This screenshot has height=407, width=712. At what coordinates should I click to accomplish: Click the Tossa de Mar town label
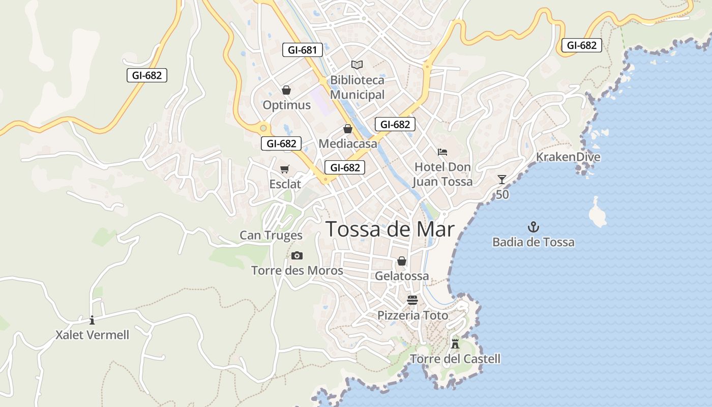pos(390,229)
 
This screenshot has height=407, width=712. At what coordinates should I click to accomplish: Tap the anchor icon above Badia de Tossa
pos(533,227)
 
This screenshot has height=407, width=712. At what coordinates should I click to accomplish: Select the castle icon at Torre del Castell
pos(455,343)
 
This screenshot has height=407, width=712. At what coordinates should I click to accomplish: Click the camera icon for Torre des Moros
pos(297,255)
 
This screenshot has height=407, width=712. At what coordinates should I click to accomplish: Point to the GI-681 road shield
pos(302,50)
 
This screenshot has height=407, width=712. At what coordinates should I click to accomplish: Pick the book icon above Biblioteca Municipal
pos(357,65)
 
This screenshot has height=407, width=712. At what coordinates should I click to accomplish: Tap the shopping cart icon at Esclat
pos(285,169)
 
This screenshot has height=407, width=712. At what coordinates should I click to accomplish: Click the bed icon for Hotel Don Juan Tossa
pos(442,152)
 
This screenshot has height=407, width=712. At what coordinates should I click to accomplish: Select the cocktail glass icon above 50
pos(502,179)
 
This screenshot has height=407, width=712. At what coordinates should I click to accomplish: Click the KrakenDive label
pos(568,157)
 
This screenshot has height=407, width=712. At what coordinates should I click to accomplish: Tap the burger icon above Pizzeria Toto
pos(412,300)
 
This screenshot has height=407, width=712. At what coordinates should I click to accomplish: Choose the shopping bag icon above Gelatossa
pos(402,261)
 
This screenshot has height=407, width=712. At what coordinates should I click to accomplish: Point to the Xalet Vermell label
pos(92,335)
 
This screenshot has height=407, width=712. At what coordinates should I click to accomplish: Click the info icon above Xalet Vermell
pos(92,320)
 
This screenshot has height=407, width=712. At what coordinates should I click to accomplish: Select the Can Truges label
pos(271,235)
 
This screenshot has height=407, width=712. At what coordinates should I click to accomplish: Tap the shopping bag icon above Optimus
pos(286,90)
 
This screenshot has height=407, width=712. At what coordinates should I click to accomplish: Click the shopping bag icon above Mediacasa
pos(348,129)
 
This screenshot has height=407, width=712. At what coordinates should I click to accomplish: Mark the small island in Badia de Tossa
pos(597,212)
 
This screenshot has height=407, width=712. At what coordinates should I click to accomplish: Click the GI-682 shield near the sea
pos(581,45)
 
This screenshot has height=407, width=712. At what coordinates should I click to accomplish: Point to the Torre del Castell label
pos(455,359)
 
